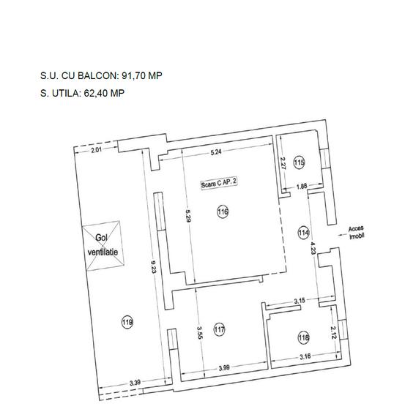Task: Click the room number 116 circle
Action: pyautogui.click(x=223, y=212)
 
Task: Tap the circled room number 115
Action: pyautogui.click(x=299, y=162)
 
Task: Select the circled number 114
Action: pyautogui.click(x=303, y=233)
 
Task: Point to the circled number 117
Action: pyautogui.click(x=219, y=330)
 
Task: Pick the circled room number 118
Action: pyautogui.click(x=304, y=337)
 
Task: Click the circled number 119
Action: pyautogui.click(x=127, y=321)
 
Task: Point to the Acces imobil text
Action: pyautogui.click(x=357, y=233)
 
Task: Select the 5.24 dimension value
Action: pyautogui.click(x=216, y=152)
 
